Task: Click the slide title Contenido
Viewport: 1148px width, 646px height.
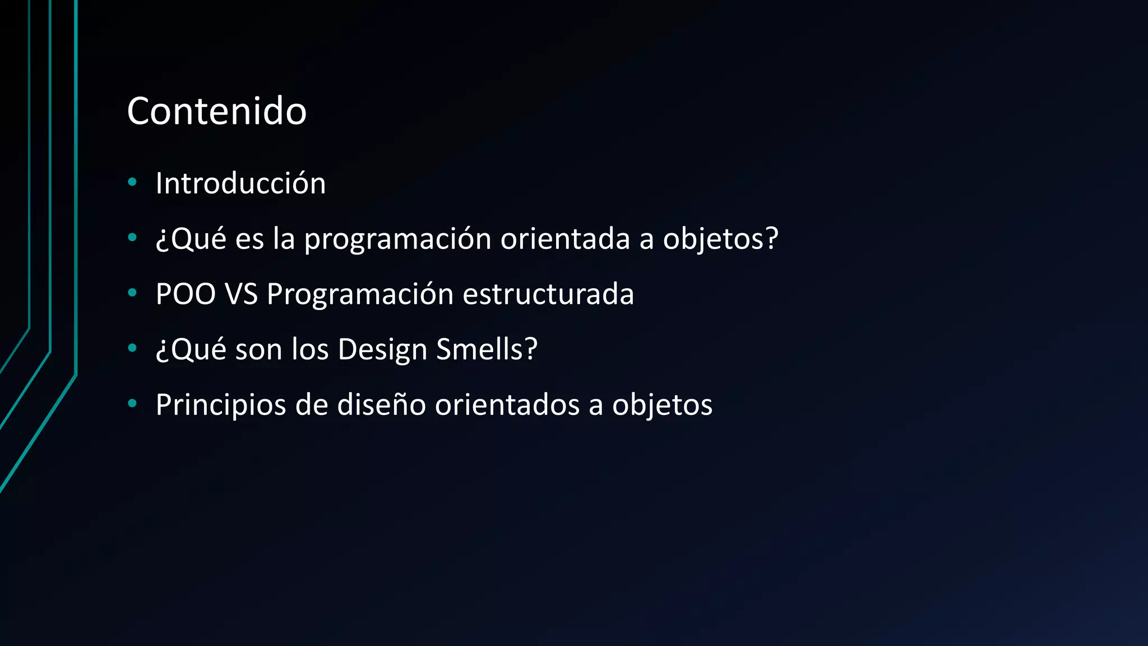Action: tap(216, 111)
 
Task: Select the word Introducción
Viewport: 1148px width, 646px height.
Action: tap(240, 183)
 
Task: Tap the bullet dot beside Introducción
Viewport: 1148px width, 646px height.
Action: tap(132, 182)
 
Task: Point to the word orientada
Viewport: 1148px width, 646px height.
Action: tap(565, 238)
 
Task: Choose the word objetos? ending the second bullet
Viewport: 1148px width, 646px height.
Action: tap(721, 239)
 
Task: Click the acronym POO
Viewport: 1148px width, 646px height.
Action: tap(186, 294)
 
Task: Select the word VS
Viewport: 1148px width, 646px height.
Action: tap(241, 294)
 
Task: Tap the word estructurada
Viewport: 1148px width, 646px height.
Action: tap(548, 294)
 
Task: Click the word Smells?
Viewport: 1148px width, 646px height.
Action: tap(487, 349)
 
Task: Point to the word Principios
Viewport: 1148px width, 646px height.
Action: tap(221, 405)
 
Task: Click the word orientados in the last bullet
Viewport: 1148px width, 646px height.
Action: tap(507, 404)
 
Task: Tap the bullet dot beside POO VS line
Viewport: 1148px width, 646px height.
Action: tap(132, 292)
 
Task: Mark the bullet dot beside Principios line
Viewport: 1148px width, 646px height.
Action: tap(132, 403)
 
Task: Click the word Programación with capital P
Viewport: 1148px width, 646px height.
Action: tap(360, 294)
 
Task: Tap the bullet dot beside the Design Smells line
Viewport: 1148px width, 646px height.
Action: tap(132, 348)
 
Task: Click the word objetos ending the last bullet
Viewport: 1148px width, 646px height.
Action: tap(662, 405)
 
